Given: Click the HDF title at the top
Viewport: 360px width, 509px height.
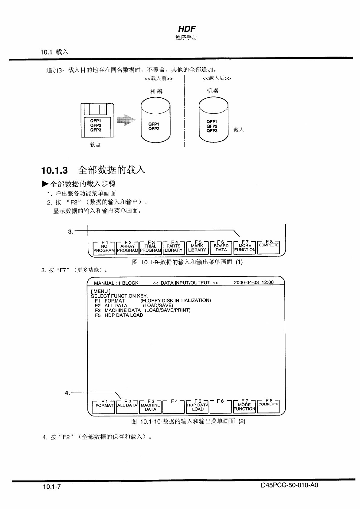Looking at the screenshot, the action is [187, 29].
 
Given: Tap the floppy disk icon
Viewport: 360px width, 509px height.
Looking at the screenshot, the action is [97, 120].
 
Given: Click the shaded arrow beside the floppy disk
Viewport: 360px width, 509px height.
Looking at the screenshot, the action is [126, 120].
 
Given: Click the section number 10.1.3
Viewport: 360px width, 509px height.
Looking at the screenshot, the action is [54, 171].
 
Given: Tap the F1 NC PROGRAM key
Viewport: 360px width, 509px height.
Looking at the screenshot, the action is [104, 248].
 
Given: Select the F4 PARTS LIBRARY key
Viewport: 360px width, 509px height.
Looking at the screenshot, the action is [174, 248].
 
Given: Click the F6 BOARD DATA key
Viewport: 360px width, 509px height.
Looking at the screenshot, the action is [221, 248].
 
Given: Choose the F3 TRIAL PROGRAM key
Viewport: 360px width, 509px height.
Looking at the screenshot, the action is [150, 248].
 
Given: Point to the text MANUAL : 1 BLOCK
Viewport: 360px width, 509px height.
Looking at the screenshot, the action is [116, 283].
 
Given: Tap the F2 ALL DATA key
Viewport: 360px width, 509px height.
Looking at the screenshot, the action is [127, 406].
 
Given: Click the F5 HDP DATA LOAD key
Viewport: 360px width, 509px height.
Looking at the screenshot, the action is [198, 406].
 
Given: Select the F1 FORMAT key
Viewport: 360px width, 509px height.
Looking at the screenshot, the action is [104, 406].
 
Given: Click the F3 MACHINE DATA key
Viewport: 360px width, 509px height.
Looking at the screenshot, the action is [150, 406].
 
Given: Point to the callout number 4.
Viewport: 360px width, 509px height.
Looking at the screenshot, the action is [67, 393].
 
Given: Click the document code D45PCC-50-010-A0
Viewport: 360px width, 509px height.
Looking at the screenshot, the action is [289, 485].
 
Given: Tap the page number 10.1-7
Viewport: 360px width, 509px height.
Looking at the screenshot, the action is [52, 487].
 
